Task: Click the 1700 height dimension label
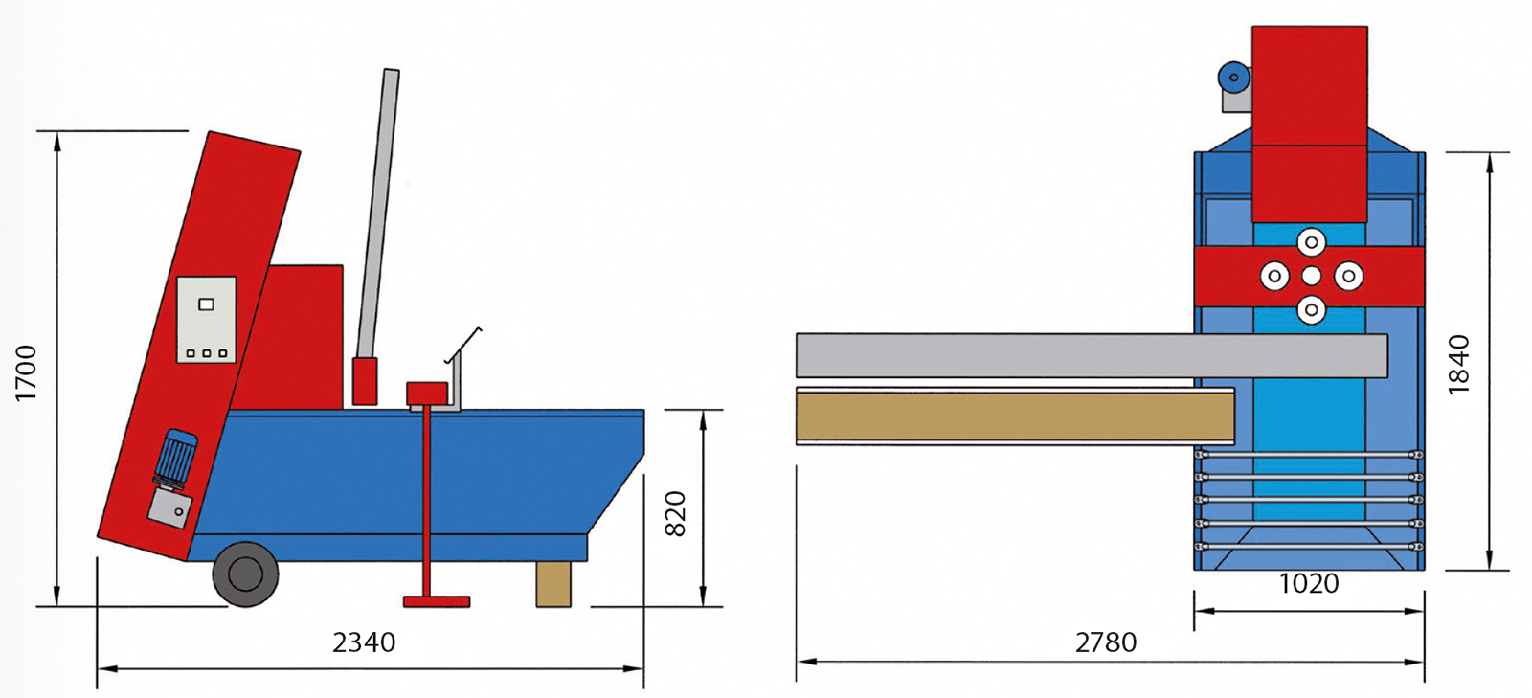coord(26,373)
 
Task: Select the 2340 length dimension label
coord(364,642)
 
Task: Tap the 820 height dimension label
coord(675,513)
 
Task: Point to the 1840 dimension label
coord(1458,365)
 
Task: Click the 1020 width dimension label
coord(1309,583)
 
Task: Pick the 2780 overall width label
coord(1106,642)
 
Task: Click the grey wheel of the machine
coord(245,574)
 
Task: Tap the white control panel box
coord(207,319)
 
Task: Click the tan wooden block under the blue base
coord(553,584)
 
